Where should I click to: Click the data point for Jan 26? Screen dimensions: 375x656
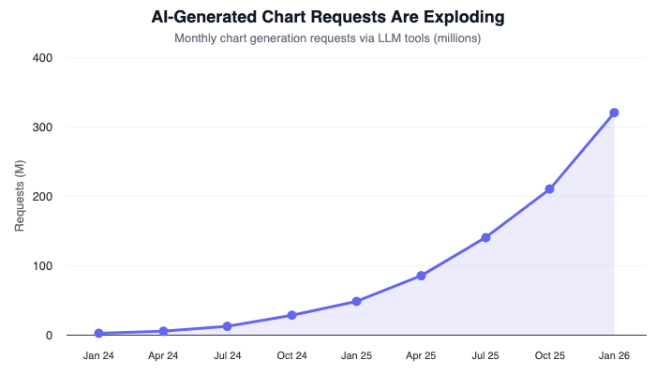614,112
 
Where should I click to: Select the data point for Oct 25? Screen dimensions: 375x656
549,188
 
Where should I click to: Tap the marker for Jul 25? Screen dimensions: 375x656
485,237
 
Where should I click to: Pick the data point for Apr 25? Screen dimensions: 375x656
421,276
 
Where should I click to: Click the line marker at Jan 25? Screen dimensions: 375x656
356,301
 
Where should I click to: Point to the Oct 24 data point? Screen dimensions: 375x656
292,315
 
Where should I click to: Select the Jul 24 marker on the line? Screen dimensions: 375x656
228,326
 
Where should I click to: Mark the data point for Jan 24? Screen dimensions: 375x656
98,333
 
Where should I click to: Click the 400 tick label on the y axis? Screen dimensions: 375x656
42,58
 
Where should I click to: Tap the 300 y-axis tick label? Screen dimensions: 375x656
42,127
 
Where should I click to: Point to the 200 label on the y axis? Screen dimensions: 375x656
42,197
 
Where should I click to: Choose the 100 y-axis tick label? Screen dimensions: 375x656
42,266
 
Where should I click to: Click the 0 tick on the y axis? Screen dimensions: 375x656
48,336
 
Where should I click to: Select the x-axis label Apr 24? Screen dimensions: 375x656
163,356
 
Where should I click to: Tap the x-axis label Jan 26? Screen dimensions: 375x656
614,356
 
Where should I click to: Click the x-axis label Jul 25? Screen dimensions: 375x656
485,356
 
